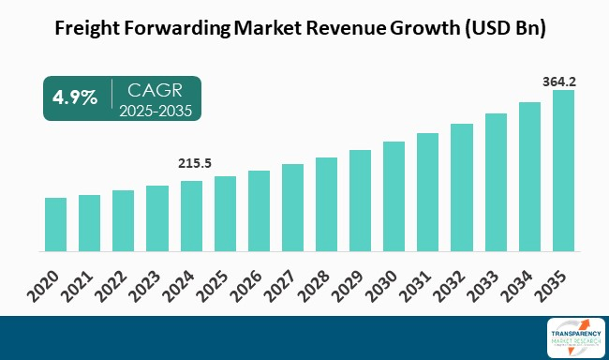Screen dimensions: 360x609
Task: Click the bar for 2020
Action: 55,225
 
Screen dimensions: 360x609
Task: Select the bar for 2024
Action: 191,217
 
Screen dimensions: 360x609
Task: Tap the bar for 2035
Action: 563,172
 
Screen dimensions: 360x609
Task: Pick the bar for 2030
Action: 394,197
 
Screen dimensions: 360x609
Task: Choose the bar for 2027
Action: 292,208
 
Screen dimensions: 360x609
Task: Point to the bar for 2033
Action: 496,183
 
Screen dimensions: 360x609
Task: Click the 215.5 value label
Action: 193,163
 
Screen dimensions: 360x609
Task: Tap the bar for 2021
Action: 89,223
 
